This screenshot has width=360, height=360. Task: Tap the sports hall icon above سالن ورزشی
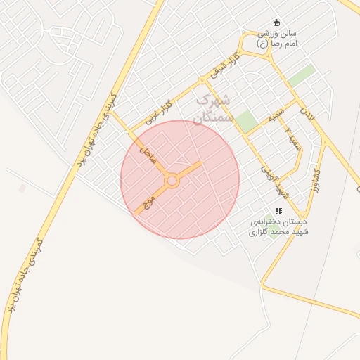tap(276, 22)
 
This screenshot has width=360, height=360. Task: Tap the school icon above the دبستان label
tap(279, 210)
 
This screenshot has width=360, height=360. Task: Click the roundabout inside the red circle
tap(172, 181)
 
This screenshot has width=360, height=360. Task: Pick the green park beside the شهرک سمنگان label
tap(246, 121)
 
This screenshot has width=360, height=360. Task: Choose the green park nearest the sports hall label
tap(302, 76)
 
